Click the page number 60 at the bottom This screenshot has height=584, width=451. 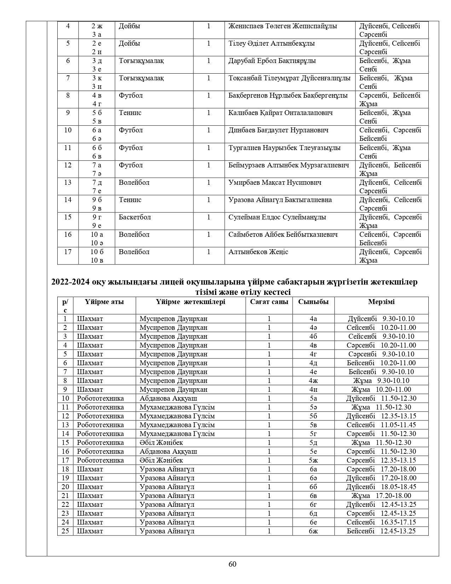(232, 564)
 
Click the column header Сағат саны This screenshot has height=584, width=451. (269, 302)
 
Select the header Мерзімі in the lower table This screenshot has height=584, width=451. (381, 302)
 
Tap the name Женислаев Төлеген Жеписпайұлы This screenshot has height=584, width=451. (283, 26)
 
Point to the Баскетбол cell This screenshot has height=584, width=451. (135, 217)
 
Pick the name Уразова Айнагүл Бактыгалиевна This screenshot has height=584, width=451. (280, 200)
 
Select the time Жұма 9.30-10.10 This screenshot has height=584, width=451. (381, 381)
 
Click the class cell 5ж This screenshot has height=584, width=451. (313, 460)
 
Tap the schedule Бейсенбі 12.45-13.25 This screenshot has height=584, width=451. (381, 531)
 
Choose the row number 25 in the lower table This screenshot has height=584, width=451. (65, 531)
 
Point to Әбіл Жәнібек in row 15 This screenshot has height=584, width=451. (161, 443)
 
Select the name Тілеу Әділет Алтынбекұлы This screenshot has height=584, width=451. (272, 44)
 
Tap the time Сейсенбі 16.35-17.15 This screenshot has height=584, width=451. (381, 522)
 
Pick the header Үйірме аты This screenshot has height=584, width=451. (104, 302)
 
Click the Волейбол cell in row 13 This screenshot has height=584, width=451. (134, 183)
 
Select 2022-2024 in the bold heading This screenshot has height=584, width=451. (70, 282)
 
